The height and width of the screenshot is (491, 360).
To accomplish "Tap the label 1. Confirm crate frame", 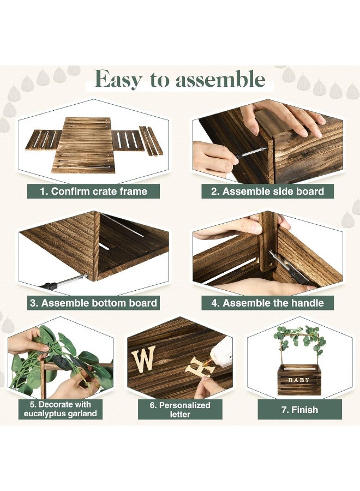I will click(94, 191).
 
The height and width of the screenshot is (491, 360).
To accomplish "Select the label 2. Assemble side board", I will click(267, 191).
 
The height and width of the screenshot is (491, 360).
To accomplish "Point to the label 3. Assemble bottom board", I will click(94, 303).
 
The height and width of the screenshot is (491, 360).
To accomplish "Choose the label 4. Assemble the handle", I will click(267, 303).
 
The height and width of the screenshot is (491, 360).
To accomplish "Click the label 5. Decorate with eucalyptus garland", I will click(60, 409).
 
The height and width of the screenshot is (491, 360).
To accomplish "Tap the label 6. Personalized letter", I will click(180, 410).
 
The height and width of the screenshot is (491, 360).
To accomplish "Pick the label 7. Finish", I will click(299, 409).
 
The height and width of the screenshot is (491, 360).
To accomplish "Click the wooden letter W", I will click(143, 360).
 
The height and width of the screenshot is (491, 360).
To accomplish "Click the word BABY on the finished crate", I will click(298, 380).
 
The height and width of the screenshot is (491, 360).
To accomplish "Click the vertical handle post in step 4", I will click(268, 240).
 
